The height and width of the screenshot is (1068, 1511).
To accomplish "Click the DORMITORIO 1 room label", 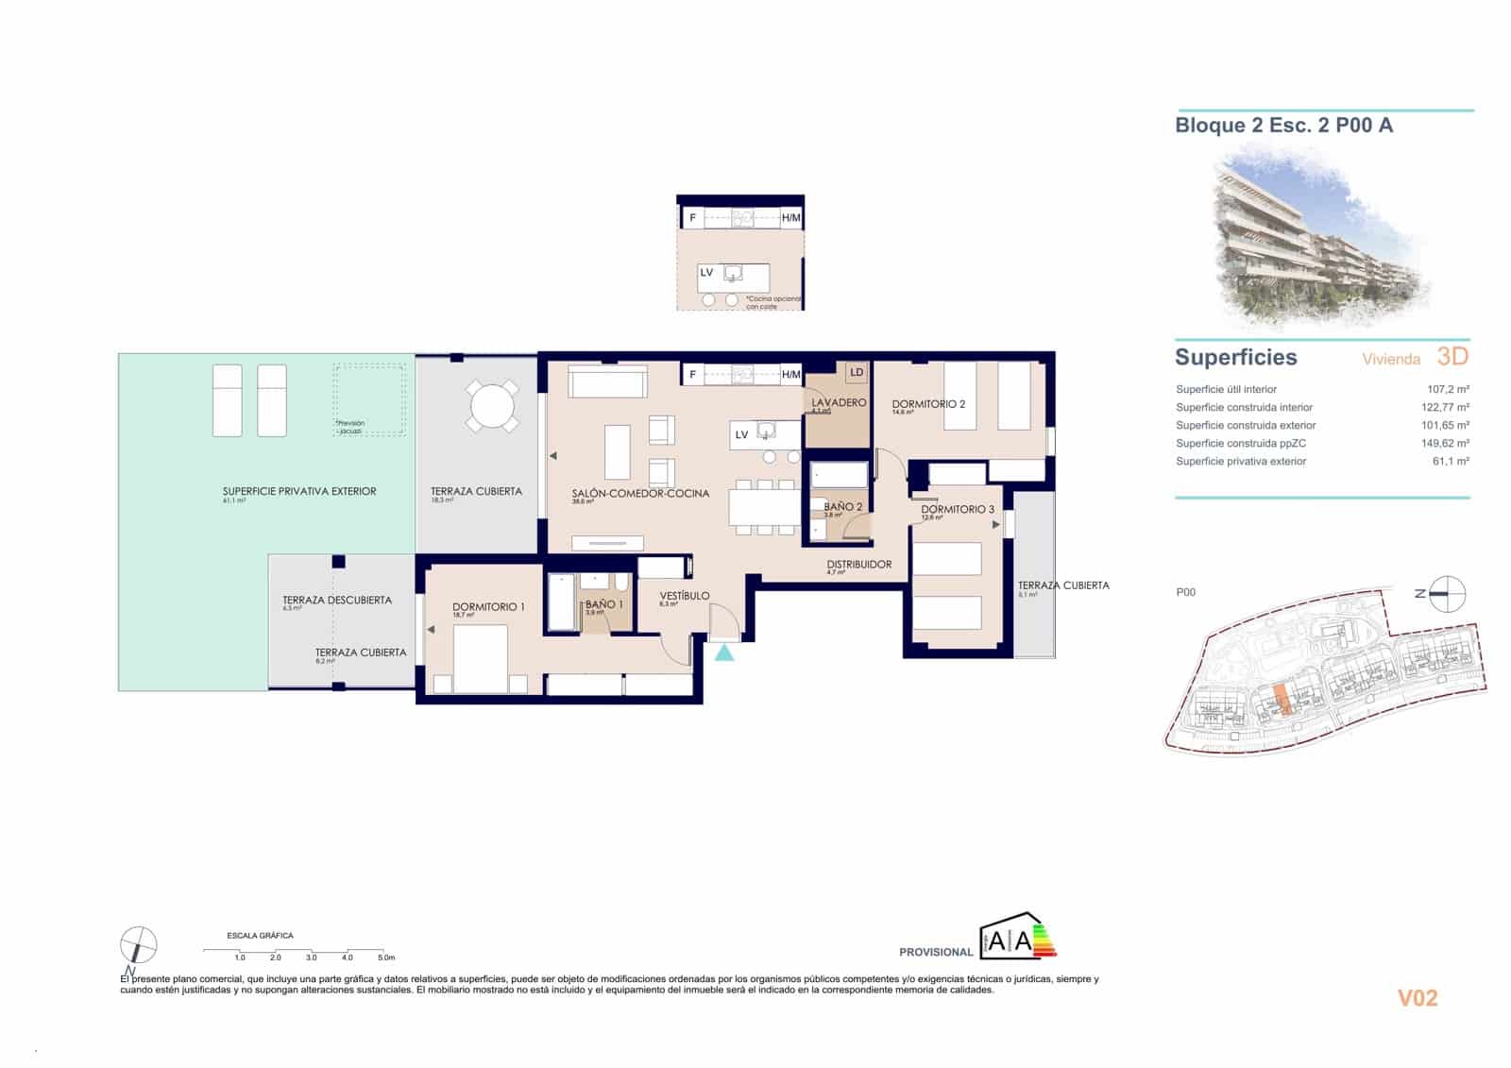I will (487, 607).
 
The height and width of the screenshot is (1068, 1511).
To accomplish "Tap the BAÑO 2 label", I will (842, 507).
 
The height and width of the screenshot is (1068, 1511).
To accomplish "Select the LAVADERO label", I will (839, 403).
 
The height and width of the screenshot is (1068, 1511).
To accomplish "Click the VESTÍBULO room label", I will (684, 596).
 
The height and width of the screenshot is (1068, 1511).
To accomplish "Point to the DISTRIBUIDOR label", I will (858, 565).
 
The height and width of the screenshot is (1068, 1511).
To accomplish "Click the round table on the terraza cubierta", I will (492, 407).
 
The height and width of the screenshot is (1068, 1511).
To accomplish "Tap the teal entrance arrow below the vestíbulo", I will (724, 652).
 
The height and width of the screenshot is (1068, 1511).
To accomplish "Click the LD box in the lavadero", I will (856, 373).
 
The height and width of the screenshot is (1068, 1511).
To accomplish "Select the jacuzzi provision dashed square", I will (369, 398).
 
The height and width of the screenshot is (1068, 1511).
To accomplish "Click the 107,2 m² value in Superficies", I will (1448, 389).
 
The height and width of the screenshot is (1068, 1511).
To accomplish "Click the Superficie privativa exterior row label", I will (1241, 462).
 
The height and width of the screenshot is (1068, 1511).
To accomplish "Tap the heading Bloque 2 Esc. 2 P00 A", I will (1283, 126).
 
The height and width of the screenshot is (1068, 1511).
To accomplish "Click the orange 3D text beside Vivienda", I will (1452, 357).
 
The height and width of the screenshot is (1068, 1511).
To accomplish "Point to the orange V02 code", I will (1417, 998).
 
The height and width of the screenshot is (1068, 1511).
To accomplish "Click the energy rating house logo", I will (1017, 937).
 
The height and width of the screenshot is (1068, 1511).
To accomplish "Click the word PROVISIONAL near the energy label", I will (935, 952).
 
